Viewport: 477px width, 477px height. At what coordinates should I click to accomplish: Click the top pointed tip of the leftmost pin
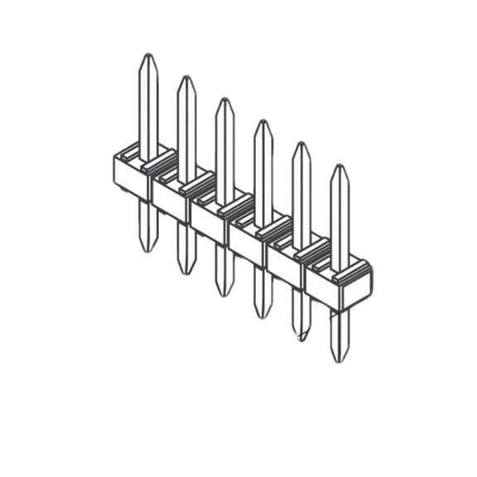147,55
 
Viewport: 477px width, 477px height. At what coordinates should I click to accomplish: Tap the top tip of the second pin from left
186,77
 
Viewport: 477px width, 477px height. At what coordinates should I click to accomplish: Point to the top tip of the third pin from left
224,99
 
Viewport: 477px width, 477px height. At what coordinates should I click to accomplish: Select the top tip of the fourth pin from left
263,121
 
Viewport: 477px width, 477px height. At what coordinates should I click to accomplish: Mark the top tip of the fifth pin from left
301,143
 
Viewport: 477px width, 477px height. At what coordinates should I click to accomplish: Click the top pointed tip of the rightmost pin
340,165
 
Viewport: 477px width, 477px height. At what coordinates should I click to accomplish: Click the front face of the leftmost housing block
131,178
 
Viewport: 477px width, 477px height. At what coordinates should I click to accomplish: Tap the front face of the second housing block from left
170,200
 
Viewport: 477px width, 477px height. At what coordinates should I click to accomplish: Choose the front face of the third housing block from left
208,223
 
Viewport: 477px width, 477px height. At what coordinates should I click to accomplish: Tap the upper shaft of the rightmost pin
340,215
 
